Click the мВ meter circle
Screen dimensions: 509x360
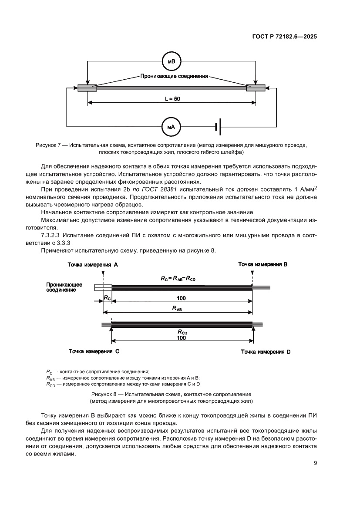171,62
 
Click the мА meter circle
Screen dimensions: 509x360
171,127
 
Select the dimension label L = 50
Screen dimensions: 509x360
172,99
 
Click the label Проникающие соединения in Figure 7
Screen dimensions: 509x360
174,76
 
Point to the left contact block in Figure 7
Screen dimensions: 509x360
87,88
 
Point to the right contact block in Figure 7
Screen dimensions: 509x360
256,88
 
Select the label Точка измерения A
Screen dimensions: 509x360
93,265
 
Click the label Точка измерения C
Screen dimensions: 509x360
94,351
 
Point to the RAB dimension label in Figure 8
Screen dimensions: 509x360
177,308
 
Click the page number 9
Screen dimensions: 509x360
315,463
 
